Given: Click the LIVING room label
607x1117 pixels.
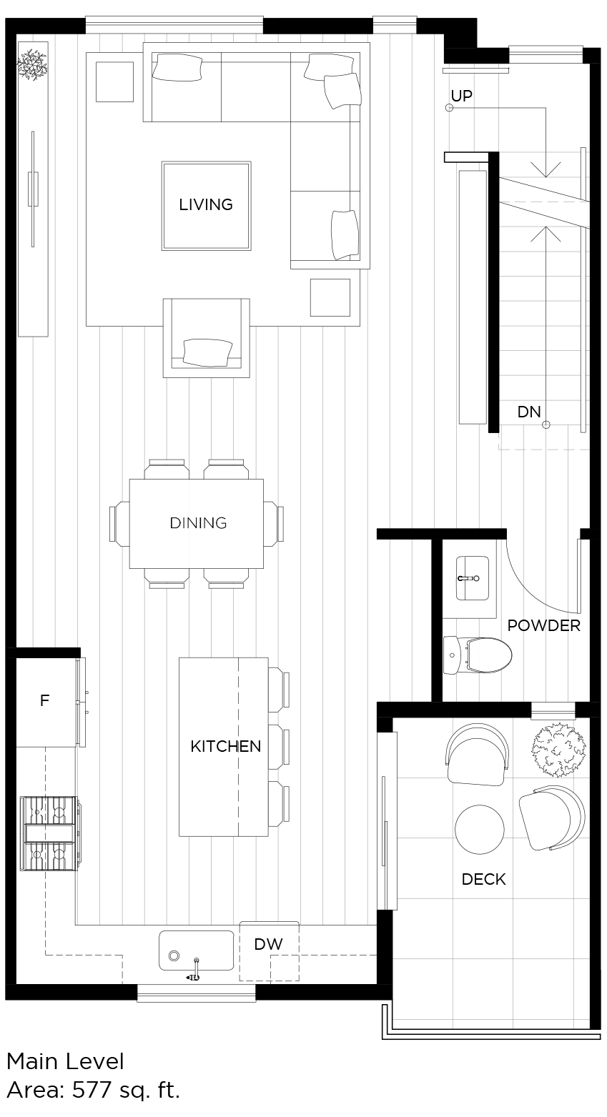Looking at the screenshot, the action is (x=206, y=204).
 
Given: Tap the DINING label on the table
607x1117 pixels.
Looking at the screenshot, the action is (x=199, y=522).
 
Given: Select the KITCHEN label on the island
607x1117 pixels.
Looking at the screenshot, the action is (x=226, y=746).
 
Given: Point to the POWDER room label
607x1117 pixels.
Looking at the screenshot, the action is (x=543, y=625).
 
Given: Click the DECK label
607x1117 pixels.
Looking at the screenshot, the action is (x=484, y=879).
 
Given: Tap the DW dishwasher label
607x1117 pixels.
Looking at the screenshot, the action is (x=268, y=944).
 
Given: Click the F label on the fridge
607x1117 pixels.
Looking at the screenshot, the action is (x=44, y=700).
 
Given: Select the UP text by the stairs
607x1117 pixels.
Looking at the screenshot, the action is (x=461, y=96).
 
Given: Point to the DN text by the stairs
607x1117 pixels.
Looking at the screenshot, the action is (x=529, y=412).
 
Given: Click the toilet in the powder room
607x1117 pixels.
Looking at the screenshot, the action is (x=478, y=655).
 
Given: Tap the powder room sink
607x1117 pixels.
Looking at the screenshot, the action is (x=473, y=578).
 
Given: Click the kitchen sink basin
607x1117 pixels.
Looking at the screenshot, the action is (x=196, y=950).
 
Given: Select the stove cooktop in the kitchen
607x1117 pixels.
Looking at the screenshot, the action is (x=49, y=833).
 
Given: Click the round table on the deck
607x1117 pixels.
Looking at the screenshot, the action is (x=479, y=829).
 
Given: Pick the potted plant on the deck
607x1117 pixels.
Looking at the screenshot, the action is (x=558, y=750).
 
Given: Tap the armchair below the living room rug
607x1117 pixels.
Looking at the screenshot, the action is (x=207, y=338).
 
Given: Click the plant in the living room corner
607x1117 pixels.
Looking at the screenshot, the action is (x=32, y=64).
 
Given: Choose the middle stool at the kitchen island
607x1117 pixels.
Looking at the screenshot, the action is (x=280, y=746).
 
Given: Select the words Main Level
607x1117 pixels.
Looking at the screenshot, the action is (x=65, y=1061).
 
